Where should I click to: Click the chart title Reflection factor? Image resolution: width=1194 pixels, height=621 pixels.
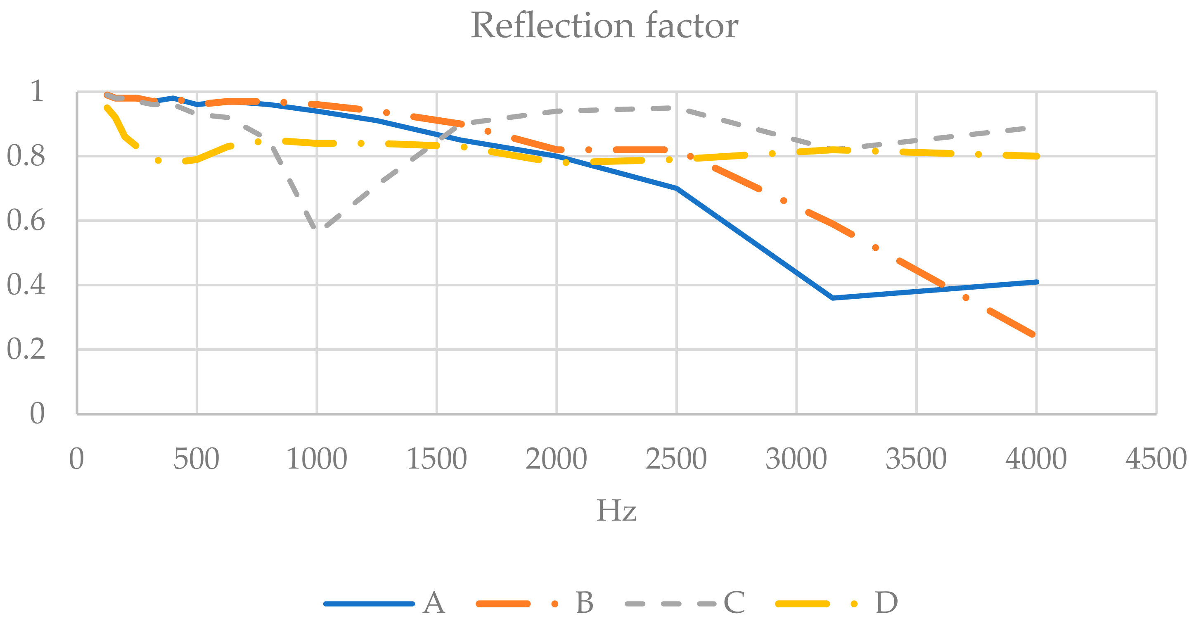point(604,26)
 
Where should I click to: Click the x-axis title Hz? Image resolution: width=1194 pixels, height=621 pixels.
point(616,511)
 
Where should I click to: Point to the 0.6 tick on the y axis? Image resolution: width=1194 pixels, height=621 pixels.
point(26,220)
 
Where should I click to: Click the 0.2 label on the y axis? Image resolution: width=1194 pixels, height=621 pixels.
point(26,349)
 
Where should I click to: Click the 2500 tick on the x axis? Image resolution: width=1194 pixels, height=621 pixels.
point(676,459)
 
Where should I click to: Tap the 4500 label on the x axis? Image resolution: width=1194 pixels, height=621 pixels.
point(1156,459)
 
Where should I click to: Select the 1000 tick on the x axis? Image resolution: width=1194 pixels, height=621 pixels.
point(317,459)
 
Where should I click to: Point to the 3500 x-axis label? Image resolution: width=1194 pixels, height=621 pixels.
point(916,459)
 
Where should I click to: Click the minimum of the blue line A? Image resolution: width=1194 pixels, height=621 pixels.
point(832,298)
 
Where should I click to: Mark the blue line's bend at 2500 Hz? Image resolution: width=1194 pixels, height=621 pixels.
point(677,188)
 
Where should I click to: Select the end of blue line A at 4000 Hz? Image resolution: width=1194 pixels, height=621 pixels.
point(1036,282)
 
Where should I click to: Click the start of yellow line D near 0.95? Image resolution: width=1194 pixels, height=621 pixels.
point(107,108)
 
